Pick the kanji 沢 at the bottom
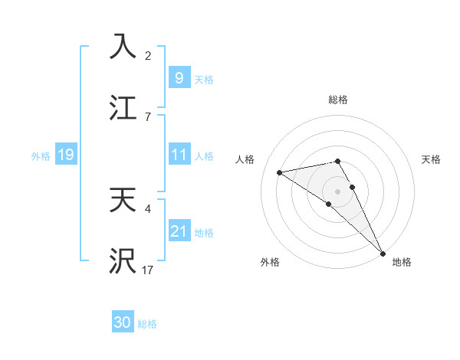[x=123, y=260]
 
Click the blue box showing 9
[x=179, y=77]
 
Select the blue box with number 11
[x=179, y=155]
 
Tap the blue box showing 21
[x=179, y=231]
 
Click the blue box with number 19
[x=65, y=155]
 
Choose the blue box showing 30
[x=123, y=322]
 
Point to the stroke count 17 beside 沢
[x=148, y=270]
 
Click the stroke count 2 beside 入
[x=148, y=55]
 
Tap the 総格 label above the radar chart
[x=338, y=100]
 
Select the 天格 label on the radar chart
[x=432, y=159]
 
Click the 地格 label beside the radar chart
[x=402, y=262]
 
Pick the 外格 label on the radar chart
[x=270, y=262]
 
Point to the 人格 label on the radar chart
[x=245, y=159]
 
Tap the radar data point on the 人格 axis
[x=280, y=172]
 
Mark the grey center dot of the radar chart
[x=338, y=191]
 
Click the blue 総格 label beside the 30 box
[x=147, y=324]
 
